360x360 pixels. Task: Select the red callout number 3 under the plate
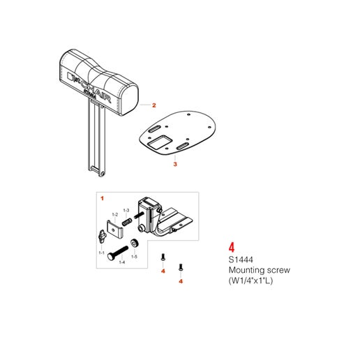tap(175, 165)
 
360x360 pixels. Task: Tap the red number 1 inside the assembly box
tap(102, 198)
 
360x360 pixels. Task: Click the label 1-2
tap(115, 213)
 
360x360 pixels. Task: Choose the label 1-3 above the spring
tap(126, 209)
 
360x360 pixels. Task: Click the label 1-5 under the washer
tap(135, 257)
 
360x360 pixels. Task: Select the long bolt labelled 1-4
tap(119, 250)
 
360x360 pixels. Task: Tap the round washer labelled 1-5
tap(136, 244)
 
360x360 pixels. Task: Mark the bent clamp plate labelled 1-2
tap(110, 228)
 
